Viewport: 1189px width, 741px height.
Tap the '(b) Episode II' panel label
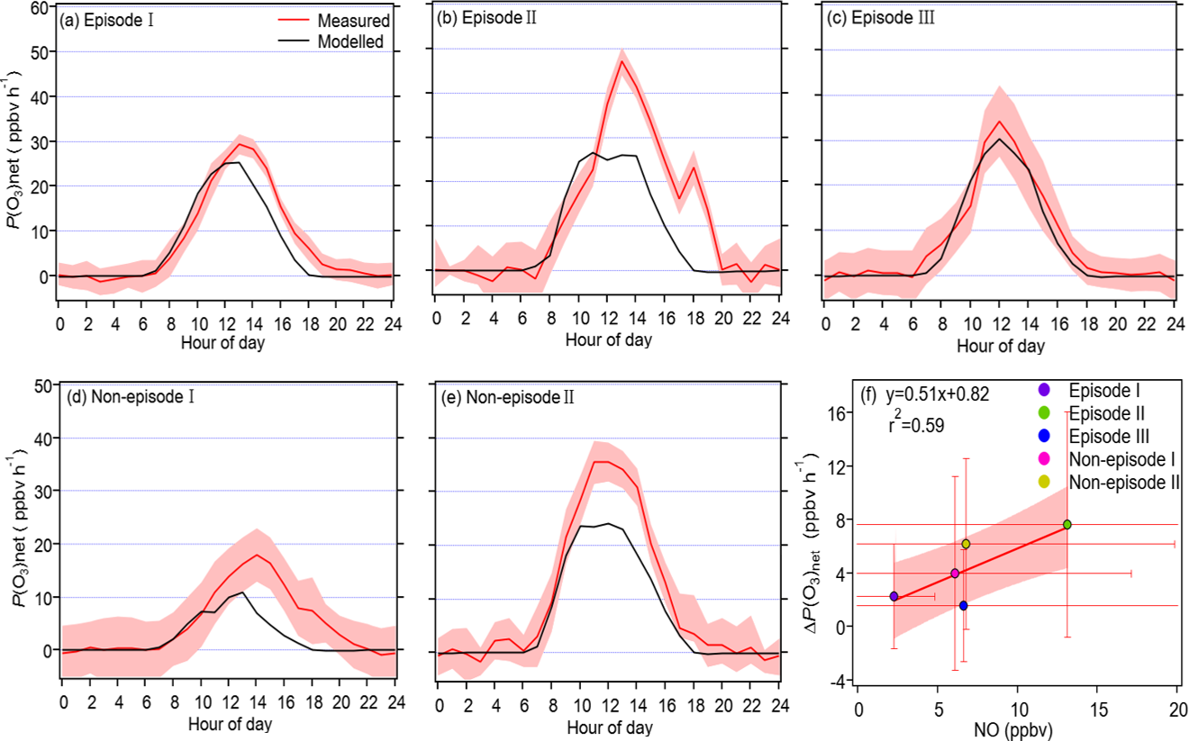pyautogui.click(x=487, y=19)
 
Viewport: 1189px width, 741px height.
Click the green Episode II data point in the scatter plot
pyautogui.click(x=1067, y=524)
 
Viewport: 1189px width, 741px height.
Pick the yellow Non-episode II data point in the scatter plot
pyautogui.click(x=966, y=544)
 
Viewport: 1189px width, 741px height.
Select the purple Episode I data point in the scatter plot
pyautogui.click(x=894, y=596)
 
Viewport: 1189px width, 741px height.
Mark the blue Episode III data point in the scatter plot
pyautogui.click(x=963, y=606)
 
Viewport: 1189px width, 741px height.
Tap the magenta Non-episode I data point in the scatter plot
pyautogui.click(x=955, y=573)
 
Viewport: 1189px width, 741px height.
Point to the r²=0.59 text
pyautogui.click(x=913, y=426)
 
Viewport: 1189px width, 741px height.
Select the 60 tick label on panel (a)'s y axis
pyautogui.click(x=39, y=7)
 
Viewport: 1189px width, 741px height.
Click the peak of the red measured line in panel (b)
pyautogui.click(x=622, y=61)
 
